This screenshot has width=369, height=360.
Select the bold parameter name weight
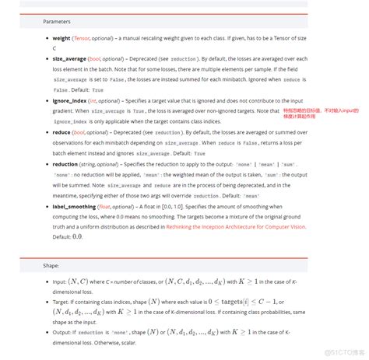(x=61, y=38)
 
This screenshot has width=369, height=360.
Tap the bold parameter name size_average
(x=70, y=58)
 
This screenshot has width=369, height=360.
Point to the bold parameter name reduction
(x=65, y=165)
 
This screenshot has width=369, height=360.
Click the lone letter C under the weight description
(x=54, y=47)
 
